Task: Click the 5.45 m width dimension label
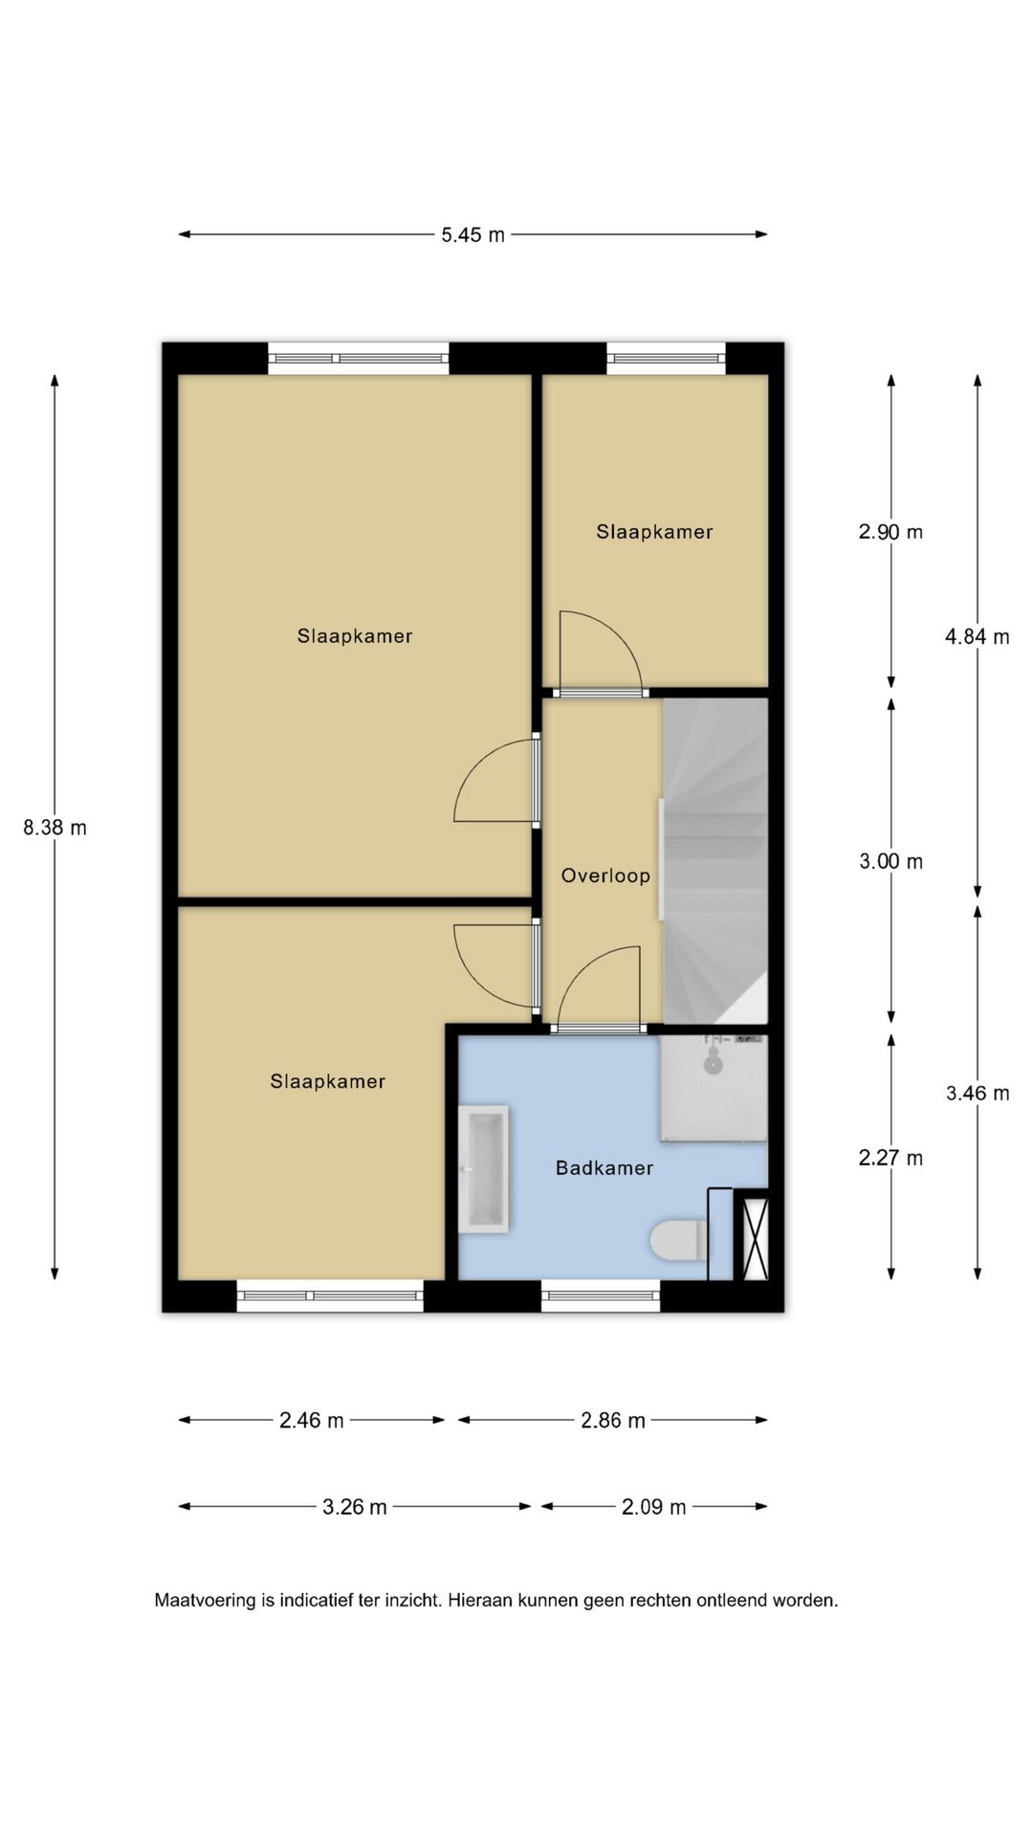click(473, 234)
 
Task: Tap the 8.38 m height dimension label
click(55, 828)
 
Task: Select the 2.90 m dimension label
click(890, 532)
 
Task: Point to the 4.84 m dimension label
click(978, 636)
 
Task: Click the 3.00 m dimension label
click(891, 861)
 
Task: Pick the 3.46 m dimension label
click(978, 1093)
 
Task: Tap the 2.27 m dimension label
click(890, 1158)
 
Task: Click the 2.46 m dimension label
click(312, 1421)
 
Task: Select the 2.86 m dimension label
click(613, 1421)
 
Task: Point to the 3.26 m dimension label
click(355, 1507)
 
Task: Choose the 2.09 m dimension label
click(654, 1507)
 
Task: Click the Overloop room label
click(605, 875)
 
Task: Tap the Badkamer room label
click(604, 1167)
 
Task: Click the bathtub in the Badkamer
click(483, 1169)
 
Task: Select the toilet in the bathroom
click(679, 1240)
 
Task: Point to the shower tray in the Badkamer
click(714, 1089)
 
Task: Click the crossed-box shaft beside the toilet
click(756, 1234)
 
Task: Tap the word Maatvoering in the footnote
click(205, 1600)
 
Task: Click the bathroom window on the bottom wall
click(601, 1296)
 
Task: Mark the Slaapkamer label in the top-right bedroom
click(654, 532)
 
